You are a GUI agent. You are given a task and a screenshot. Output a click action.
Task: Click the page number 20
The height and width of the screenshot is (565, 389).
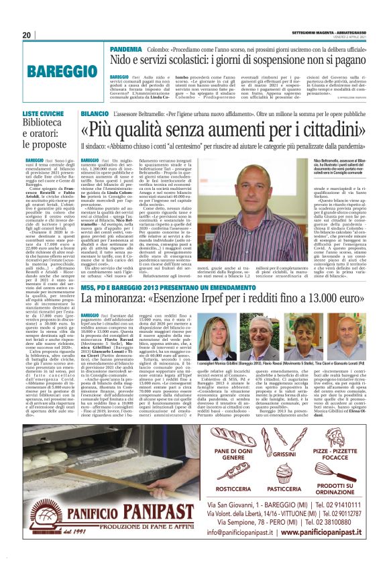tap(26, 35)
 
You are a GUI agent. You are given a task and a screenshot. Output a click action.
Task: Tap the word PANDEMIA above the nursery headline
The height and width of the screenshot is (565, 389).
tap(125, 50)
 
